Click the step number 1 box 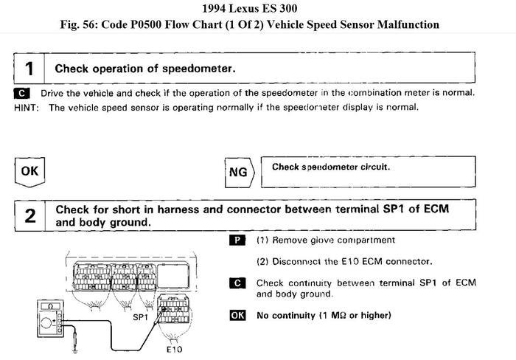point(29,69)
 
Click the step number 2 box point(29,215)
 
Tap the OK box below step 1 point(29,172)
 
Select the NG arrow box point(237,173)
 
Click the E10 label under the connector point(174,349)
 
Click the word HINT point(27,108)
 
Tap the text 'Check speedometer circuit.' point(331,167)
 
